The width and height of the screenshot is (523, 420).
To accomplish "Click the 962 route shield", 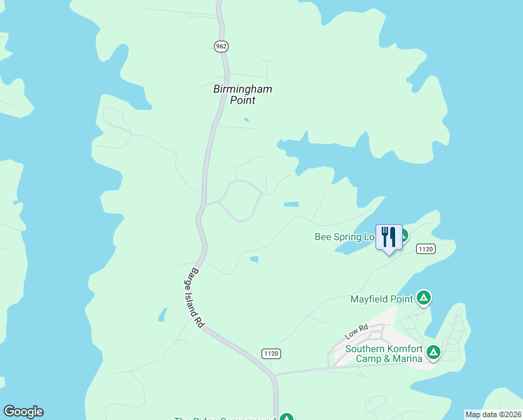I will [x=221, y=46].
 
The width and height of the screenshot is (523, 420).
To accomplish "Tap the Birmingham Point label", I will [x=242, y=94].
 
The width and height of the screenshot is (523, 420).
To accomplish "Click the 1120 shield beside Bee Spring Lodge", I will [x=426, y=248].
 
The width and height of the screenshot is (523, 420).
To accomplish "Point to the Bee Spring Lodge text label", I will [x=345, y=237].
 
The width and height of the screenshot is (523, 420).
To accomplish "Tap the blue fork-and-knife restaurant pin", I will [x=389, y=237].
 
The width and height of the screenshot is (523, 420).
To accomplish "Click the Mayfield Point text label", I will [x=382, y=299].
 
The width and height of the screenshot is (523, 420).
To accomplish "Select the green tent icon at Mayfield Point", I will [x=423, y=298].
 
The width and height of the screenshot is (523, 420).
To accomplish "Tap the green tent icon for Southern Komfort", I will [x=434, y=352].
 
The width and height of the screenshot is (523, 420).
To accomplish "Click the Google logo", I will [x=23, y=412].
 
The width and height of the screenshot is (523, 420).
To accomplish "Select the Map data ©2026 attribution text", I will [x=493, y=414].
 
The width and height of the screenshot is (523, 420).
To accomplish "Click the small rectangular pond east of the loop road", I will [x=291, y=204].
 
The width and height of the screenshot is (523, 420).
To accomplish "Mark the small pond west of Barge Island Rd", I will [x=163, y=315].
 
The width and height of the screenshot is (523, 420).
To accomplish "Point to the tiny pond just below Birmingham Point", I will [x=245, y=120].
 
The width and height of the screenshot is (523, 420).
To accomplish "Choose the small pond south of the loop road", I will [x=254, y=259].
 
